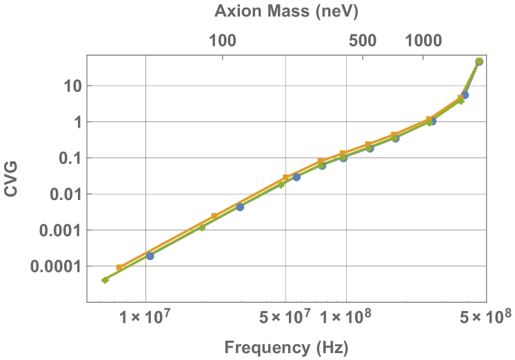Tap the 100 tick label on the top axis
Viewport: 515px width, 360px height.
tap(222, 41)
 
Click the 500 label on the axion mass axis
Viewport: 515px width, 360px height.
tap(363, 41)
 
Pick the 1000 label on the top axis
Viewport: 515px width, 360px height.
tap(423, 41)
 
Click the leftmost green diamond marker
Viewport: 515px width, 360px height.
tap(105, 280)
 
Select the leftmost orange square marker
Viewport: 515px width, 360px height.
tap(119, 268)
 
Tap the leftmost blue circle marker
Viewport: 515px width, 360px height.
tap(150, 256)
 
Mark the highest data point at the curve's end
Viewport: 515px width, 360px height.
tap(479, 61)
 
